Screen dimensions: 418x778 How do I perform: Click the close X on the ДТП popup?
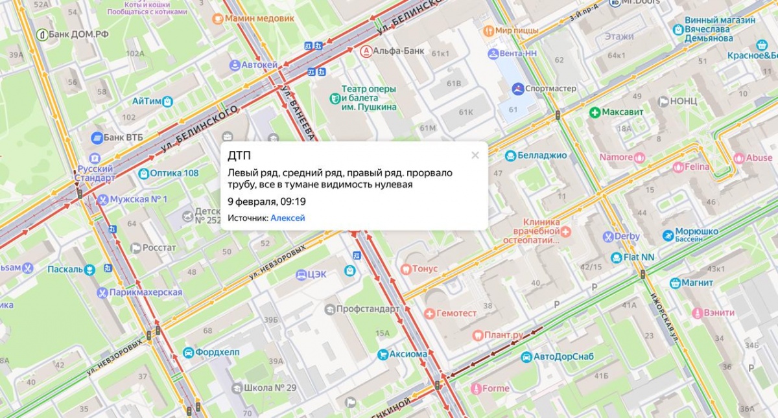click(x=475, y=155)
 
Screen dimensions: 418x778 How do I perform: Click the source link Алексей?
click(x=287, y=218)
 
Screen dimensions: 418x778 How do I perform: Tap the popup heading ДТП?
click(x=239, y=156)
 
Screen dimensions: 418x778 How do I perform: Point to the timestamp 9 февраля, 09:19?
click(x=266, y=202)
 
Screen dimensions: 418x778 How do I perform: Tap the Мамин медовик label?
click(x=259, y=18)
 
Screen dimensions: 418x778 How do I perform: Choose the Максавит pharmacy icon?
click(x=594, y=112)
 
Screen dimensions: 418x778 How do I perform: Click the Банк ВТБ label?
click(x=123, y=137)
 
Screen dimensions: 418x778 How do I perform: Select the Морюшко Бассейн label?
click(x=696, y=235)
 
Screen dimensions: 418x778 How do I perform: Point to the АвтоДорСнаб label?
click(x=562, y=356)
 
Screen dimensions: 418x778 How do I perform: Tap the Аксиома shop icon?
click(x=383, y=354)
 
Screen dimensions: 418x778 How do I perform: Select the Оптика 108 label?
click(x=174, y=173)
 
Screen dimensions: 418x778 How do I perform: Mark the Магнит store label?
click(x=697, y=283)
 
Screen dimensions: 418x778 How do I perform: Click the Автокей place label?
click(x=259, y=65)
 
